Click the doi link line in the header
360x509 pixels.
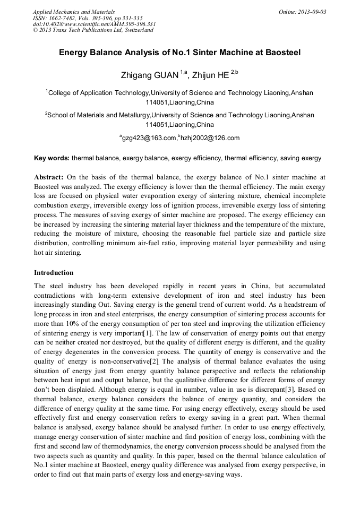click(94, 24)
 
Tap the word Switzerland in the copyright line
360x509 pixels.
click(136, 30)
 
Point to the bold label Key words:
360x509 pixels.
click(52, 158)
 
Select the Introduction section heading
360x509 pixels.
click(54, 273)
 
